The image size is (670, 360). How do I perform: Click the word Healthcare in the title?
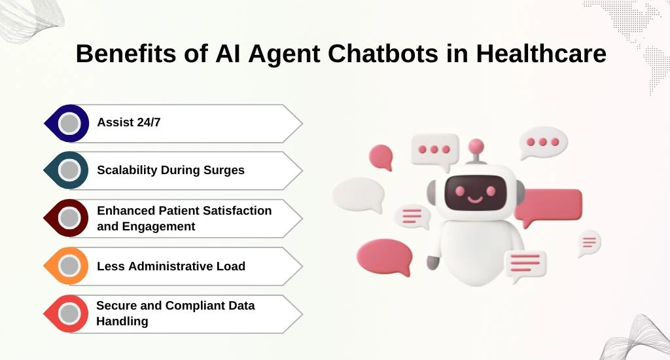[x=541, y=54]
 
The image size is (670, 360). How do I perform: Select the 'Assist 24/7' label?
[x=129, y=122]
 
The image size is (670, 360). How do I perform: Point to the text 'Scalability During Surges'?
[x=171, y=170]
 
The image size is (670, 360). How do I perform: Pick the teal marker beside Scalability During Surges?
[x=67, y=170]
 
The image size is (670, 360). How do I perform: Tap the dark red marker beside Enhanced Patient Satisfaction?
[x=67, y=218]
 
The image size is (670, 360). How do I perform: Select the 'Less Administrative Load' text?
[x=171, y=266]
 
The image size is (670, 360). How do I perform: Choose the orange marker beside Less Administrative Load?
[x=67, y=266]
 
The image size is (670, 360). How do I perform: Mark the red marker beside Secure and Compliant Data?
[x=67, y=314]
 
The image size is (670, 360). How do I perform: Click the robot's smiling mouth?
[x=475, y=199]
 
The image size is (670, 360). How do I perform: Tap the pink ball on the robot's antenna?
[x=476, y=147]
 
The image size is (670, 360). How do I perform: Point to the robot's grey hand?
[x=433, y=262]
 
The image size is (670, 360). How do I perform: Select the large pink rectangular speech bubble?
[x=549, y=207]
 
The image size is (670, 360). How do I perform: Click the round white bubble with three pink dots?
[x=543, y=143]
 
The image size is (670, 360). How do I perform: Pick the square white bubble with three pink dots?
[x=434, y=150]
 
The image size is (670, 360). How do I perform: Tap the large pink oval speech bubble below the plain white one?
[x=385, y=257]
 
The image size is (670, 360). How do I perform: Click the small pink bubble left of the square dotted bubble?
[x=381, y=156]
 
